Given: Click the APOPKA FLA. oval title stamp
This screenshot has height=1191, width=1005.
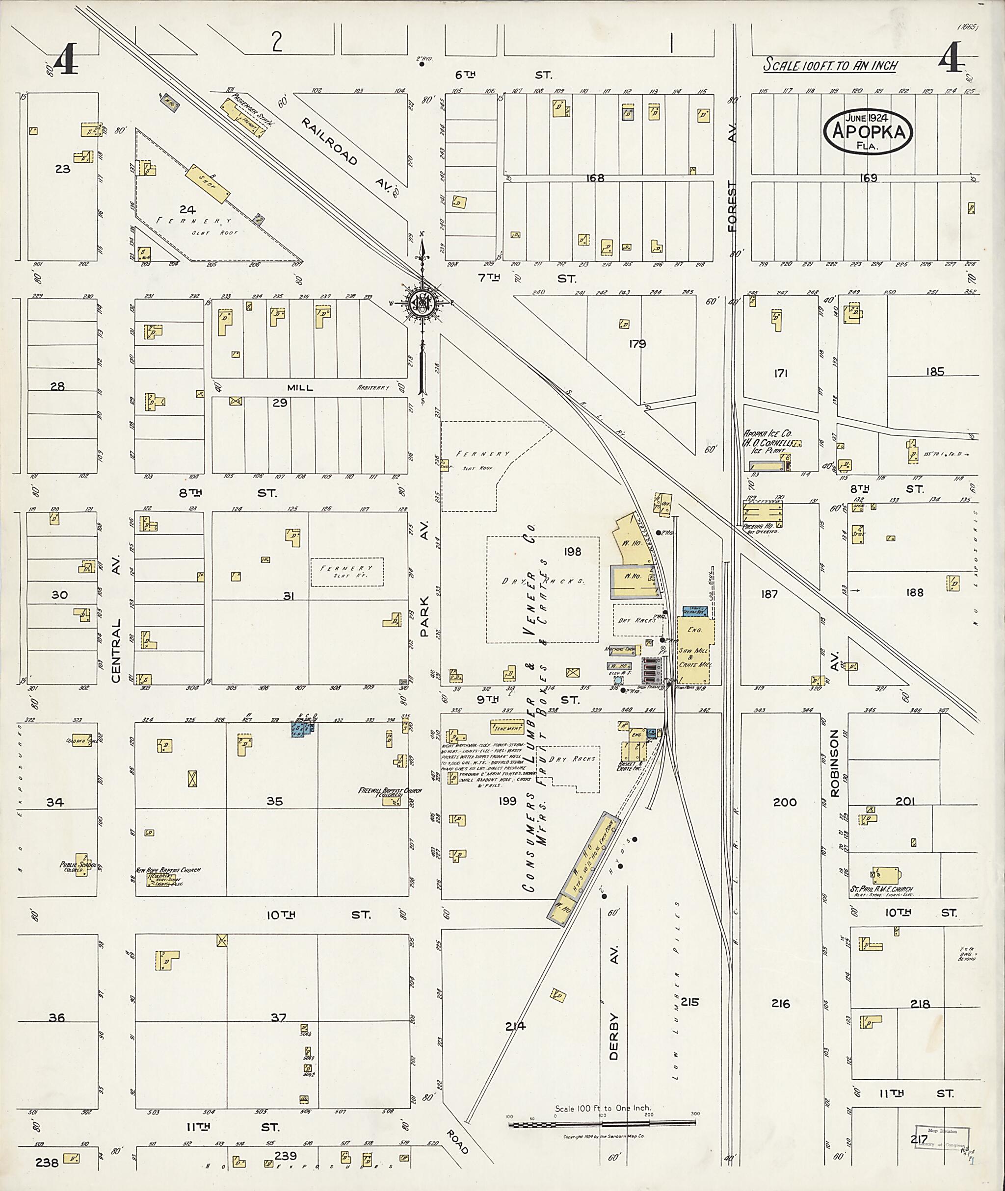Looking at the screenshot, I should (x=868, y=131).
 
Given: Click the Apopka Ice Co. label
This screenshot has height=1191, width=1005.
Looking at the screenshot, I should (x=767, y=434).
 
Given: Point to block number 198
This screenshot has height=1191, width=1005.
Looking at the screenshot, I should (x=572, y=551).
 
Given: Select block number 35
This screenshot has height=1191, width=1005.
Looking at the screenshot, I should (x=275, y=801).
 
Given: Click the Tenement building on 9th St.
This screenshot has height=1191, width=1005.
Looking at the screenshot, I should (x=507, y=728).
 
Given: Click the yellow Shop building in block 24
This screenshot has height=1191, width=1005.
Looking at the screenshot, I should (x=209, y=183).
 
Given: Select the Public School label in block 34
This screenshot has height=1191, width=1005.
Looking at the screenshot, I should (x=78, y=866).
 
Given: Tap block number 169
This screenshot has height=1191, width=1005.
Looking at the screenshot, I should (x=868, y=178).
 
